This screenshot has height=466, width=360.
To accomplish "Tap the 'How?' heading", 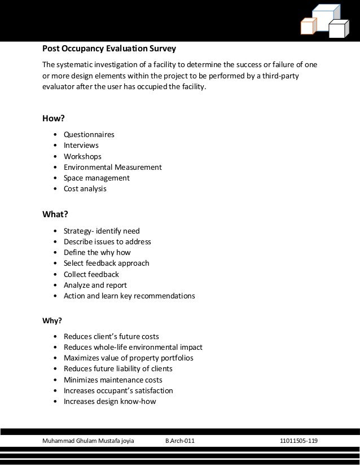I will coord(55,118).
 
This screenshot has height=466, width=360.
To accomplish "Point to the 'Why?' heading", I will coord(52,322).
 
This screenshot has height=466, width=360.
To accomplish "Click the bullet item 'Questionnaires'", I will coord(89,135).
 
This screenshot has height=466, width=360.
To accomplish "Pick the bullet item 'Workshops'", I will coord(83,156).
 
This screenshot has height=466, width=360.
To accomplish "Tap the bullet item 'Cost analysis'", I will coord(85,188).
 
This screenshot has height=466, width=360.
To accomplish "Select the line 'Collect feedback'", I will coord(91,274).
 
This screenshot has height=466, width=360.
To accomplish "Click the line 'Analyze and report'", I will coord(95,285).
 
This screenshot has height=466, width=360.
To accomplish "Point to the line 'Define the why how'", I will coord(97,252).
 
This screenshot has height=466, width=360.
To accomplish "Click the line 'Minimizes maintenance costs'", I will coord(113,380).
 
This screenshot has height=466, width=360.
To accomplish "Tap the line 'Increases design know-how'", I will coord(110,402).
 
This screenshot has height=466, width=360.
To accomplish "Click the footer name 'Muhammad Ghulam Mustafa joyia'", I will coord(89,440).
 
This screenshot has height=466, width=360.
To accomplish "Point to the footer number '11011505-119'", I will coord(299,440).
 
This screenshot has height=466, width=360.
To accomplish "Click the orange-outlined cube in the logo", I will coord(308,27).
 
